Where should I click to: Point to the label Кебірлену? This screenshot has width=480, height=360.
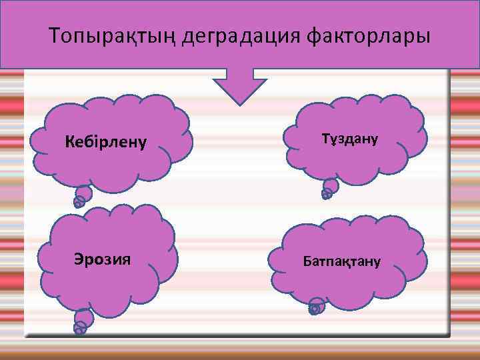click(106, 142)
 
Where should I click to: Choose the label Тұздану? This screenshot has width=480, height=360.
click(349, 139)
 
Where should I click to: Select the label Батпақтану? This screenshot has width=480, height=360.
click(342, 261)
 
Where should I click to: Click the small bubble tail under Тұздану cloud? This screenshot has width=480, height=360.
click(328, 190)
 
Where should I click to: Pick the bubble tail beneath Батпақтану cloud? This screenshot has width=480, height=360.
click(317, 306)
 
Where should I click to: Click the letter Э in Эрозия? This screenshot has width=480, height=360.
click(79, 258)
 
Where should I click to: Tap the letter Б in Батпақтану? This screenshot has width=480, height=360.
click(307, 261)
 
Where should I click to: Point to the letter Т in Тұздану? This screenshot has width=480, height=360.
click(325, 139)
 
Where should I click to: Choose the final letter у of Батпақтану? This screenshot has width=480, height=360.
click(377, 261)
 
